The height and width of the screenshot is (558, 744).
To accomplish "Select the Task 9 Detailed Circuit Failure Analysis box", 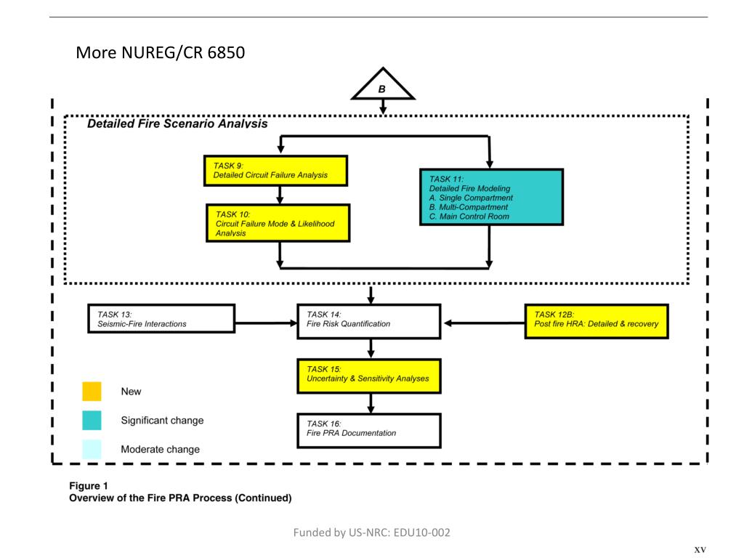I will (x=277, y=170).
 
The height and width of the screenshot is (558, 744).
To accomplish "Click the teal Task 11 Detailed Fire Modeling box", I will (x=491, y=197).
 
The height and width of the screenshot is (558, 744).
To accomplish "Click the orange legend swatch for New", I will (x=92, y=392).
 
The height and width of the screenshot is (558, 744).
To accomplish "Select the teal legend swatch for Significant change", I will (x=92, y=421).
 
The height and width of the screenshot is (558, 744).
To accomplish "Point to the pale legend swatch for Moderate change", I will (x=92, y=449).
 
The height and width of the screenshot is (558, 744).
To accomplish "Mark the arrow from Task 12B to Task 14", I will (x=484, y=320).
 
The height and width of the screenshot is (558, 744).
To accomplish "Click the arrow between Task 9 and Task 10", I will (x=279, y=194).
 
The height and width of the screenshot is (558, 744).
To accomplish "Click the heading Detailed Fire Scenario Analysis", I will (x=177, y=124).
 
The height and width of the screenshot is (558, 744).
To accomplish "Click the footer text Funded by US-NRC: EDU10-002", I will (x=371, y=533).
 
